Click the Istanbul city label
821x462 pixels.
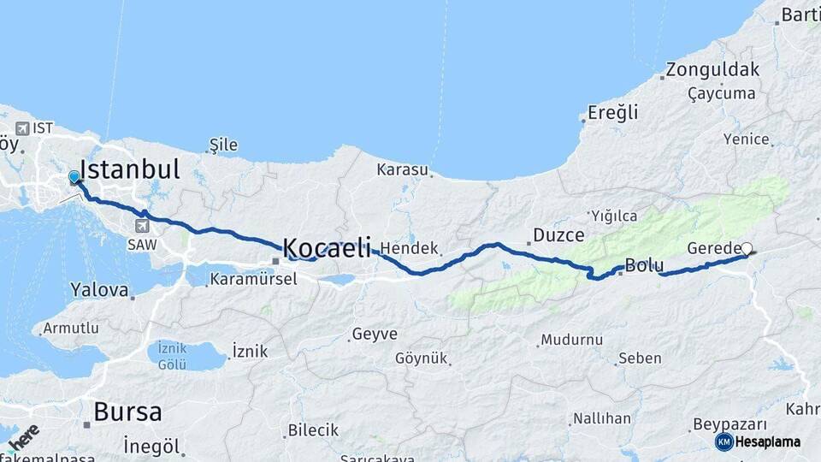tap(130, 169)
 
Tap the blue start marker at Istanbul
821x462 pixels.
tap(74, 178)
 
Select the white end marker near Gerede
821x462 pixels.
tap(747, 249)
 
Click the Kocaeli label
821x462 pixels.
tap(327, 249)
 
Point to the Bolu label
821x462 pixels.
tap(644, 265)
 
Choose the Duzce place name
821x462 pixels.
tap(558, 234)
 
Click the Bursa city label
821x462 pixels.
tap(127, 412)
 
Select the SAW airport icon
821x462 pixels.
tap(141, 226)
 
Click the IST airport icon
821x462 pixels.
tap(21, 128)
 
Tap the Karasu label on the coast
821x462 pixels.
tap(402, 169)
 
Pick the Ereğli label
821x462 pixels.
tap(613, 112)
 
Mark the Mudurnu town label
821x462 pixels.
tap(572, 340)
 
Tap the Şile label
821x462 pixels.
tap(224, 145)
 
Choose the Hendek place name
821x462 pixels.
tap(410, 248)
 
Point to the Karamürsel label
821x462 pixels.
tap(253, 279)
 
